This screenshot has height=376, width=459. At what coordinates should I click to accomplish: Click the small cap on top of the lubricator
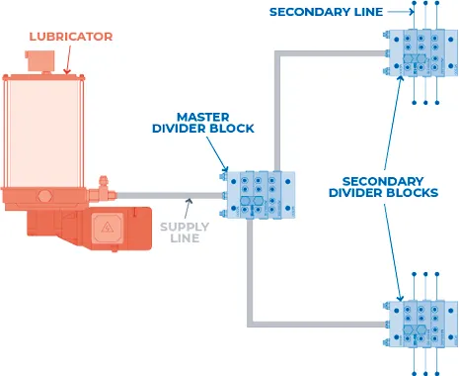pos(41,60)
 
